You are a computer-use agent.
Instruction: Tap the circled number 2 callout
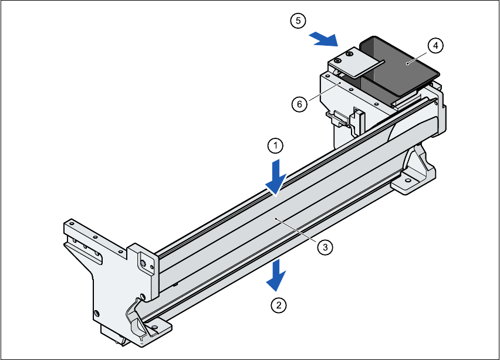[278, 305]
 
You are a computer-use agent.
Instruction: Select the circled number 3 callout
[325, 247]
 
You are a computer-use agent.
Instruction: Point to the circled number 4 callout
[434, 45]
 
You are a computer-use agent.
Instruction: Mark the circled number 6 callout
[299, 104]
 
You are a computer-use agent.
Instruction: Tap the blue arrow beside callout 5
[324, 39]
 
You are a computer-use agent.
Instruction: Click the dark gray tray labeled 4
[399, 67]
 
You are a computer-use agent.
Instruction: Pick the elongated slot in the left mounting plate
[73, 241]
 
